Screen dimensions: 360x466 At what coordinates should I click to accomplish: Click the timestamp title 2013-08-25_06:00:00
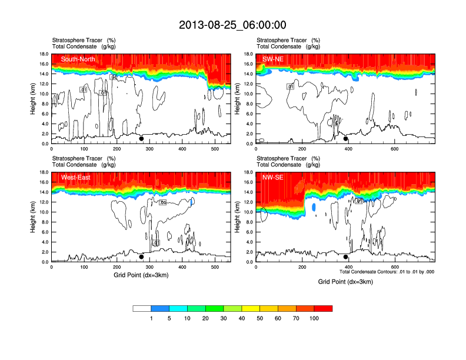[232, 25]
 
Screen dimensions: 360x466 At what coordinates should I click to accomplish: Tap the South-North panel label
[78, 59]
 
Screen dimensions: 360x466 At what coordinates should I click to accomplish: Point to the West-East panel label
[75, 177]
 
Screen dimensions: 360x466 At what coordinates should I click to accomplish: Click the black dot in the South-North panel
[141, 139]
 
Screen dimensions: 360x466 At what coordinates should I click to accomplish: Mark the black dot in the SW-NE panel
[346, 139]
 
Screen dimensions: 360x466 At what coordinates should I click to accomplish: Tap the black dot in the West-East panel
[141, 257]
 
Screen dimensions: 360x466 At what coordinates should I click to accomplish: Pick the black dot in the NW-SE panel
[346, 257]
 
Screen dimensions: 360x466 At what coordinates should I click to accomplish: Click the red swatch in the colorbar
[323, 308]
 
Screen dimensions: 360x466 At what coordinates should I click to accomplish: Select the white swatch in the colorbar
[142, 308]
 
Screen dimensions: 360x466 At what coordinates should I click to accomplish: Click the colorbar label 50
[260, 318]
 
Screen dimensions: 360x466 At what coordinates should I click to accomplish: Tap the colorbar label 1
[151, 318]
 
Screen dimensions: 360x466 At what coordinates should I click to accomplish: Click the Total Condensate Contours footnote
[387, 272]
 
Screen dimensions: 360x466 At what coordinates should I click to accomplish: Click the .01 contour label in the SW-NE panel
[290, 86]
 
